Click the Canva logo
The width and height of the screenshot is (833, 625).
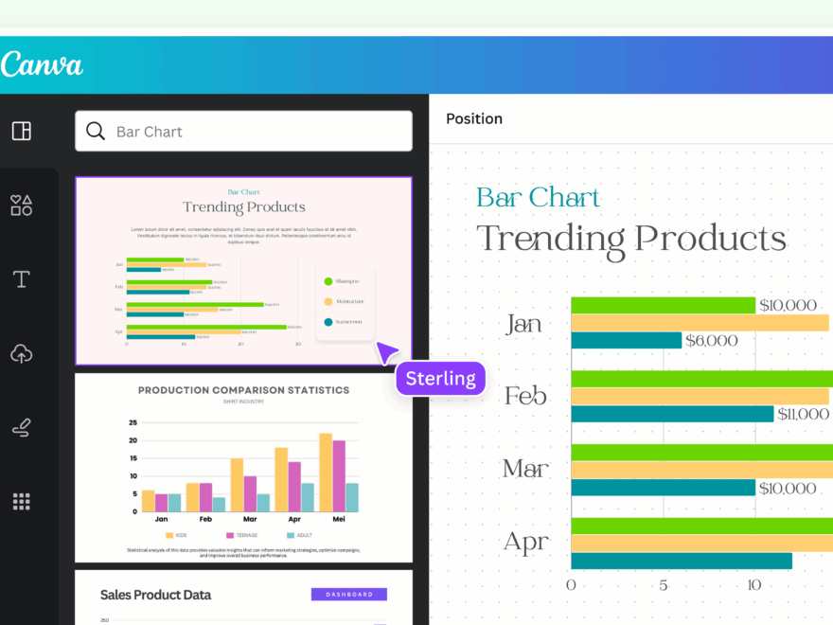(42, 64)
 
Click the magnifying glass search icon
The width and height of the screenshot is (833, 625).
(96, 131)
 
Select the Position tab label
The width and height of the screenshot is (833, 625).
(474, 118)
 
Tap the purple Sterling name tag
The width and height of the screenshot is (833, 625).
(440, 379)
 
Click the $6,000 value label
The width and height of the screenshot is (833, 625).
(711, 340)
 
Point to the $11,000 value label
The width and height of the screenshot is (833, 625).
(803, 414)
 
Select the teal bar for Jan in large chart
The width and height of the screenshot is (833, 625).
(626, 340)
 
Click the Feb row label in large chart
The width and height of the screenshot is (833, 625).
(525, 396)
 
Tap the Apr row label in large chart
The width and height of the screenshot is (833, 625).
(525, 543)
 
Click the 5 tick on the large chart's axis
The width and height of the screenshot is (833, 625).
(663, 585)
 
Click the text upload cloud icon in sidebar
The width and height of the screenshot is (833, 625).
(22, 354)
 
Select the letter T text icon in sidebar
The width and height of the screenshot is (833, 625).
(22, 279)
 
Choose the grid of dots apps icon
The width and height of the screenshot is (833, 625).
(22, 501)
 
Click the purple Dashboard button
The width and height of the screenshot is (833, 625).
(348, 595)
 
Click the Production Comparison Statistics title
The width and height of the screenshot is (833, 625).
(243, 390)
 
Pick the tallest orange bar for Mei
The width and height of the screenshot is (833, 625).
(326, 472)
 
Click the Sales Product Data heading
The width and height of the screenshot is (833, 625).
(155, 595)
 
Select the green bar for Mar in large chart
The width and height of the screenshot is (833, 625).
(700, 452)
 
